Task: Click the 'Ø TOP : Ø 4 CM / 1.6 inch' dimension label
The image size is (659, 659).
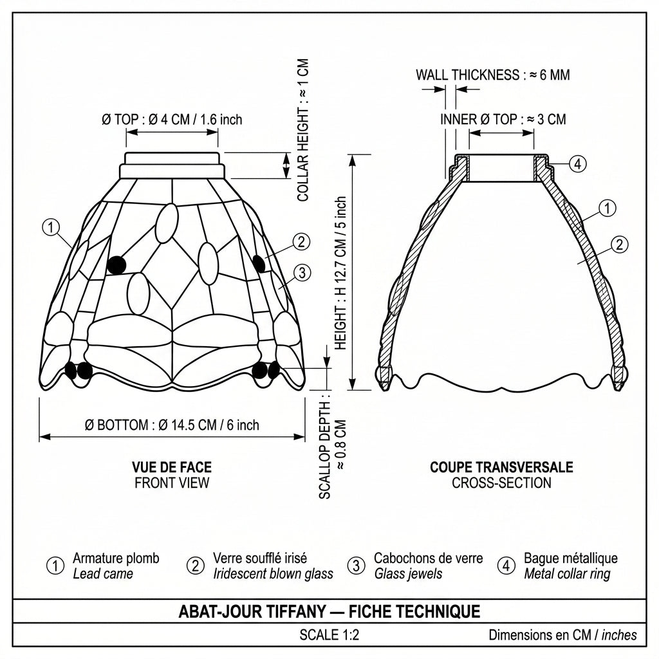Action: (x=172, y=119)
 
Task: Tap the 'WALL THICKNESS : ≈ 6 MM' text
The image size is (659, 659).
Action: (x=492, y=75)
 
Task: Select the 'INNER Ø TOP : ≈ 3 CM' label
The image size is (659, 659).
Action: (x=503, y=119)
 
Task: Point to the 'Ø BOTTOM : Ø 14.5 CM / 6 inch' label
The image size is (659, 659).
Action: (x=172, y=425)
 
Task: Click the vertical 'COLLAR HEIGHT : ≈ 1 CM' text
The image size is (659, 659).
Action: (x=303, y=130)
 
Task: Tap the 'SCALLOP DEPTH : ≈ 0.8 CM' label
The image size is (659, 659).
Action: (x=333, y=445)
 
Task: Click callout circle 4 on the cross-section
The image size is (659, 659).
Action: (x=578, y=163)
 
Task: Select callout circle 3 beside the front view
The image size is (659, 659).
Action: (x=302, y=273)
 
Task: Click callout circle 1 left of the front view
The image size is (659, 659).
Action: (x=51, y=227)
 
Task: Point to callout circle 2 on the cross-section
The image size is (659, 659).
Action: (x=619, y=245)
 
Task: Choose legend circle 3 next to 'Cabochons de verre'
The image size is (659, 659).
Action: (x=357, y=566)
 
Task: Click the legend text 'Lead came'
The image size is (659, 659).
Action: (x=103, y=573)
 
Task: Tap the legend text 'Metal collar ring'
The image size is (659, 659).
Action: (x=567, y=573)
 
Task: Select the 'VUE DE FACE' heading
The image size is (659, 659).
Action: (x=172, y=467)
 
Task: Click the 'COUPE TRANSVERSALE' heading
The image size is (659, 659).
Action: (x=501, y=467)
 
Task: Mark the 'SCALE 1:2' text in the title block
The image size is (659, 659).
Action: (x=329, y=635)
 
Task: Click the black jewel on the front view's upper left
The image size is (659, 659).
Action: (x=116, y=265)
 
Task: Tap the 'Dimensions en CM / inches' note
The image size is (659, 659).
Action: (x=562, y=635)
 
